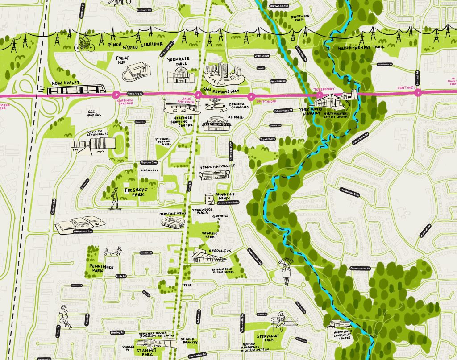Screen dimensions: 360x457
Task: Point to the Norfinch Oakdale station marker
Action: [115, 94]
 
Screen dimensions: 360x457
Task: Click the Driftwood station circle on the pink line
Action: [250, 95]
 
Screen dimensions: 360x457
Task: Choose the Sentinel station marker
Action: [418, 93]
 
